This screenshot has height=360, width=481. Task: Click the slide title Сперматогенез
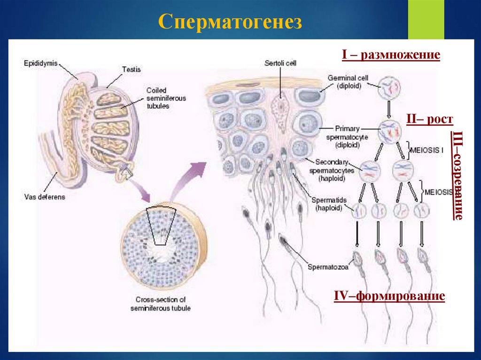(x=230, y=22)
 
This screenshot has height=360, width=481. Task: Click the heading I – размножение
(x=391, y=55)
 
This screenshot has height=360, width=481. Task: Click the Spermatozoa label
(x=328, y=268)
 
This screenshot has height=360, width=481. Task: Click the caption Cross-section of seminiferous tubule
(x=161, y=304)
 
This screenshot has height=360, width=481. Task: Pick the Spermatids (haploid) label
(x=331, y=204)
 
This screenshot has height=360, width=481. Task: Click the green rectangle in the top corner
(x=426, y=19)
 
